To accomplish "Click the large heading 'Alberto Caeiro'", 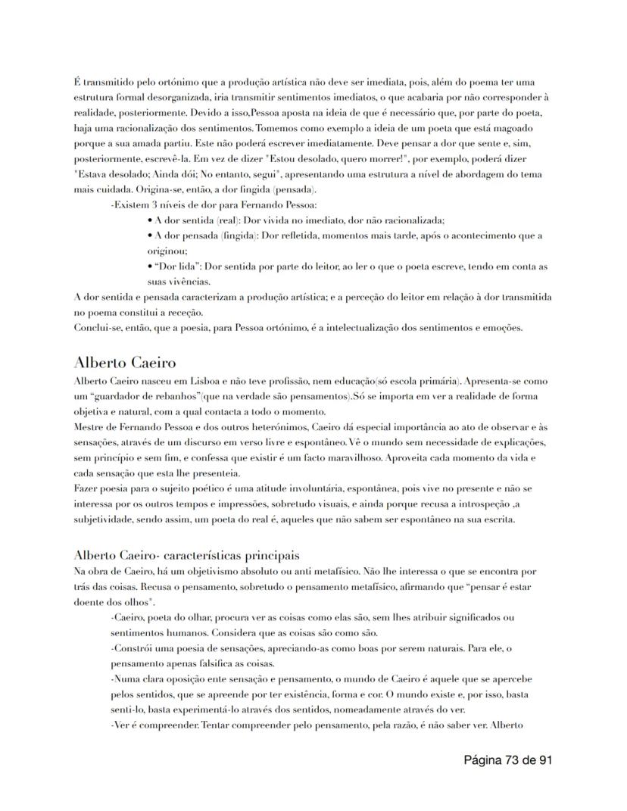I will click(125, 362).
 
